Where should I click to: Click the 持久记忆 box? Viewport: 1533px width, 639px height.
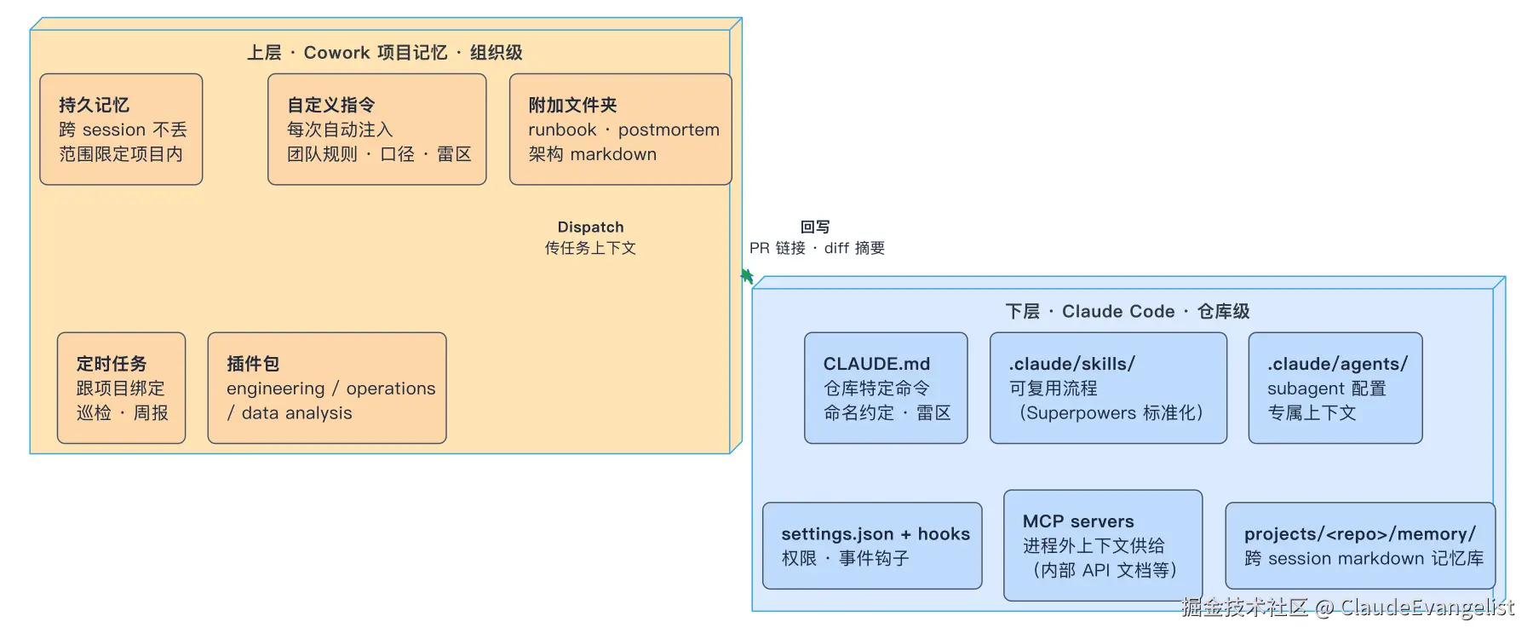[x=121, y=130]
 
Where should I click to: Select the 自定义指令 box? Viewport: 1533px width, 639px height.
[x=377, y=130]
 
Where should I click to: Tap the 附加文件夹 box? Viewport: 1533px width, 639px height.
[x=621, y=130]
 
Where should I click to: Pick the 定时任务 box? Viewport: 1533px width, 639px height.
[x=122, y=388]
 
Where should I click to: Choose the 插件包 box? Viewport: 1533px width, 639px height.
[x=327, y=388]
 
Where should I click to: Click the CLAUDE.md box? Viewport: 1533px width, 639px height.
[x=886, y=388]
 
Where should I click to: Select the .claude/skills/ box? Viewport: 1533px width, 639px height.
[x=1108, y=388]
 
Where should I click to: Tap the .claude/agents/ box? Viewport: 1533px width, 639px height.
[x=1335, y=388]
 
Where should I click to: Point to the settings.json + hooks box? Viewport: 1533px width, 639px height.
[x=872, y=545]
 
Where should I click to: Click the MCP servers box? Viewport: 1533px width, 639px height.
[x=1103, y=545]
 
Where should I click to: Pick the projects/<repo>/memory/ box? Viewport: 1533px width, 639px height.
[x=1360, y=545]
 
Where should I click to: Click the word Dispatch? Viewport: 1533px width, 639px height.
[x=590, y=227]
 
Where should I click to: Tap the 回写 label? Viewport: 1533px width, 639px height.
[x=815, y=227]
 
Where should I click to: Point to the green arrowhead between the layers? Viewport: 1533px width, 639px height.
[x=747, y=276]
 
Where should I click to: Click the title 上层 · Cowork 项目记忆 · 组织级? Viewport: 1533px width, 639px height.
[x=385, y=53]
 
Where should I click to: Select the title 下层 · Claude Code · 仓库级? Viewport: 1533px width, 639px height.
[x=1128, y=312]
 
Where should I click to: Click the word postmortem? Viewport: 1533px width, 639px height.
[x=669, y=130]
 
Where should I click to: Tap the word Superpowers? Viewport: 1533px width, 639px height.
[x=1082, y=413]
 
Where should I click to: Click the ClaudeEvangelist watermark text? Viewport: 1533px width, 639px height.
[x=1427, y=607]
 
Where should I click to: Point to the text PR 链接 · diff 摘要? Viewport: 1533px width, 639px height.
[x=817, y=248]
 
